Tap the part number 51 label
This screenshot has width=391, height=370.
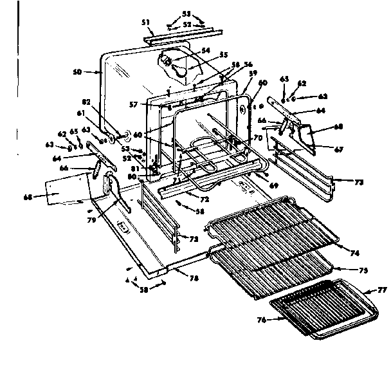pyautogui.click(x=145, y=23)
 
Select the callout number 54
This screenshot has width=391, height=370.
pyautogui.click(x=206, y=50)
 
